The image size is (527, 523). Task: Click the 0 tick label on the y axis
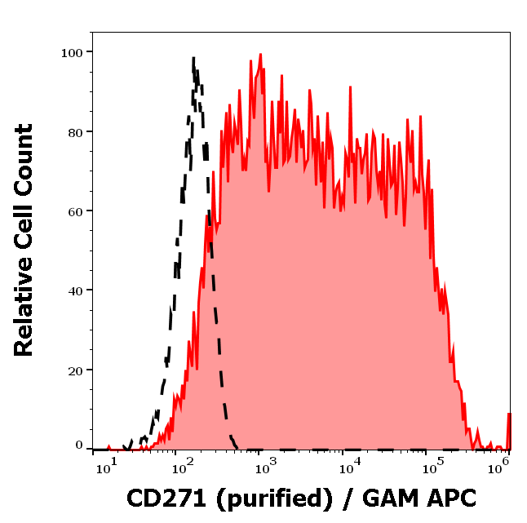[x=79, y=445]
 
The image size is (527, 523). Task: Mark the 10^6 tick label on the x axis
[x=503, y=465]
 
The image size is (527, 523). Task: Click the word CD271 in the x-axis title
[x=166, y=497]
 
